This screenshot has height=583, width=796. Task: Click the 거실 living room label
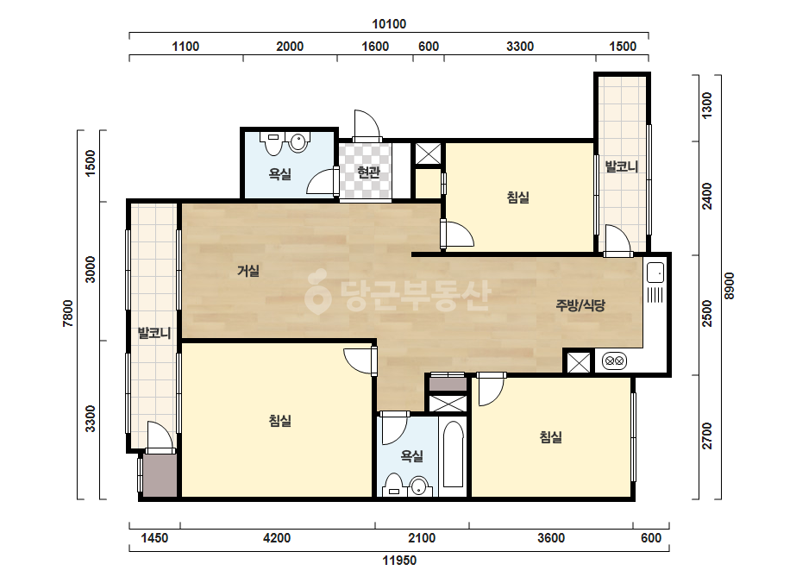(x=248, y=271)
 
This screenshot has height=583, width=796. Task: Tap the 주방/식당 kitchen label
(x=580, y=305)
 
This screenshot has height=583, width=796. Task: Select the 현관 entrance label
(x=368, y=172)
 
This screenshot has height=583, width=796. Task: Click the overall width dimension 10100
(x=389, y=24)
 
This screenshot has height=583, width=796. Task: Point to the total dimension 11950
(x=399, y=561)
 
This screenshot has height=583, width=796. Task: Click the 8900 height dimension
(x=729, y=286)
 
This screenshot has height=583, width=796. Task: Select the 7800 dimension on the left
(x=68, y=313)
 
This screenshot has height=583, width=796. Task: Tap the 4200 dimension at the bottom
(x=277, y=538)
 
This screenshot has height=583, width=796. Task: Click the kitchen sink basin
(x=655, y=273)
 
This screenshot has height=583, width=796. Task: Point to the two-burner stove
(x=614, y=361)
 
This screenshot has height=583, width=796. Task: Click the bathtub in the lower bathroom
(x=454, y=454)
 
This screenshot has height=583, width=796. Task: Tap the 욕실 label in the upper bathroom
(x=279, y=175)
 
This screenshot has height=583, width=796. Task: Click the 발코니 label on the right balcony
(x=622, y=166)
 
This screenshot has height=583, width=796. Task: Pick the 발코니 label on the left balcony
(x=154, y=333)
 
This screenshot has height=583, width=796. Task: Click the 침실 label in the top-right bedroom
(x=517, y=197)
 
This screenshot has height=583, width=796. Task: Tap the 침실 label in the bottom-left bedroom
(x=279, y=421)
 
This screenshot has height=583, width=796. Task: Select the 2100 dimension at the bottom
(x=422, y=538)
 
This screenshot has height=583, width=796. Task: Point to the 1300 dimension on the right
(x=706, y=105)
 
